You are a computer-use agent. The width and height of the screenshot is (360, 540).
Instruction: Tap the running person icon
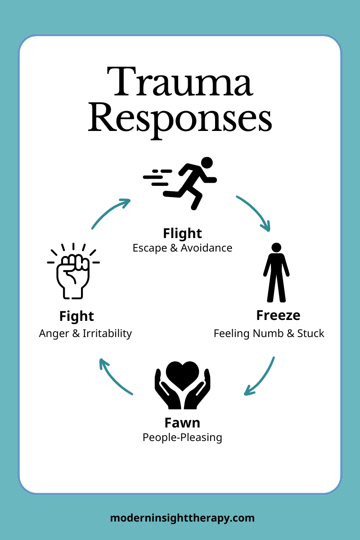click(189, 182)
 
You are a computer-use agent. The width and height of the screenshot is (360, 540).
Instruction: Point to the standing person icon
click(276, 273)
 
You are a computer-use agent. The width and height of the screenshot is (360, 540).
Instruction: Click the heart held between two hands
click(182, 376)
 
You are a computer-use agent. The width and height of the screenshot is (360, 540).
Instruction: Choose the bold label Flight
click(182, 233)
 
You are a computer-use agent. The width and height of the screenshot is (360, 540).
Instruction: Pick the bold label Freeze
click(278, 315)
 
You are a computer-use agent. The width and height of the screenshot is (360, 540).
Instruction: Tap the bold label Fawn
click(182, 423)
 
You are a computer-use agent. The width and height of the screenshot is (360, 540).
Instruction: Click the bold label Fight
click(76, 316)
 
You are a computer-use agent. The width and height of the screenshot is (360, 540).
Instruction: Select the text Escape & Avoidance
click(182, 248)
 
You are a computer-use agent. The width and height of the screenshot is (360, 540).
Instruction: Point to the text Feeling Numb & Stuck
click(269, 333)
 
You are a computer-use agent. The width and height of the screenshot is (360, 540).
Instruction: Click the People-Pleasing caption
click(182, 437)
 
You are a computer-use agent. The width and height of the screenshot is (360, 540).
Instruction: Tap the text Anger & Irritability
click(85, 333)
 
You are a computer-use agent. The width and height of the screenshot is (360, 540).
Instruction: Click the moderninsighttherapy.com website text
click(182, 518)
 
